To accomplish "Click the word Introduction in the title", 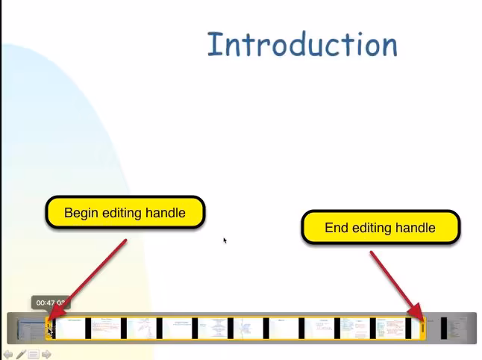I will (302, 44).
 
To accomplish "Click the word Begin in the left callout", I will (81, 213).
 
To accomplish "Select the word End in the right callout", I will (337, 228).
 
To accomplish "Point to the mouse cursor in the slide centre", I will (224, 240).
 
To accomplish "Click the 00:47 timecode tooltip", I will (49, 302).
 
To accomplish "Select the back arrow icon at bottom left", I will (8, 354).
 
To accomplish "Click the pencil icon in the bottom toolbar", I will (21, 354).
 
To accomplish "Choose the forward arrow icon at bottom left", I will (46, 354).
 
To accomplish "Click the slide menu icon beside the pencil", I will (34, 354).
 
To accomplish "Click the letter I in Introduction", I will (215, 44).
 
